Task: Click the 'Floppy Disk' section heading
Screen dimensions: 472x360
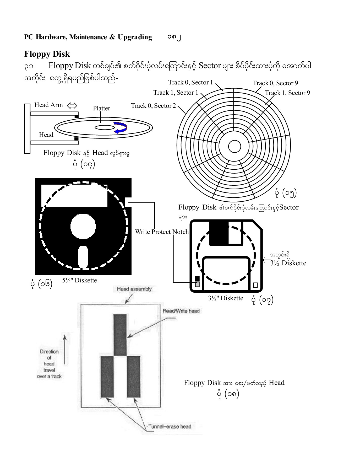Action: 47,54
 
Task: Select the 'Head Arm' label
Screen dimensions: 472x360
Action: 48,105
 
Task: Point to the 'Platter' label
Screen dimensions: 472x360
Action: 101,108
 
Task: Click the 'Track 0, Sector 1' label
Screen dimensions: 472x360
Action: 190,83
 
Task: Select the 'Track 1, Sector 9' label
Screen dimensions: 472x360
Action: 287,93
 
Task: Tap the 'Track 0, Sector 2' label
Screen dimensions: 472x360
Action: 153,106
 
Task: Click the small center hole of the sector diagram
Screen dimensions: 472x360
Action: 234,147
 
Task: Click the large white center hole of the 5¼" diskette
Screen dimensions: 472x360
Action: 83,226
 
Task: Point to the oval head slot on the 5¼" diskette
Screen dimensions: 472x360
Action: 83,257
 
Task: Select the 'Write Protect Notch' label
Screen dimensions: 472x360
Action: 162,232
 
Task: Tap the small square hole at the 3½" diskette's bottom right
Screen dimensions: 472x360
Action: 255,285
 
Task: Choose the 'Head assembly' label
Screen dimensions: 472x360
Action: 134,289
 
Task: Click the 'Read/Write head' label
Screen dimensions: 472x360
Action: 181,311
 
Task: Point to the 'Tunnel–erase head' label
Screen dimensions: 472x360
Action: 170,427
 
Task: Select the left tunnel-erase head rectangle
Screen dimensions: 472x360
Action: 107,377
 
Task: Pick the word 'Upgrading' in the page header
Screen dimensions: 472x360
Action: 135,37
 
